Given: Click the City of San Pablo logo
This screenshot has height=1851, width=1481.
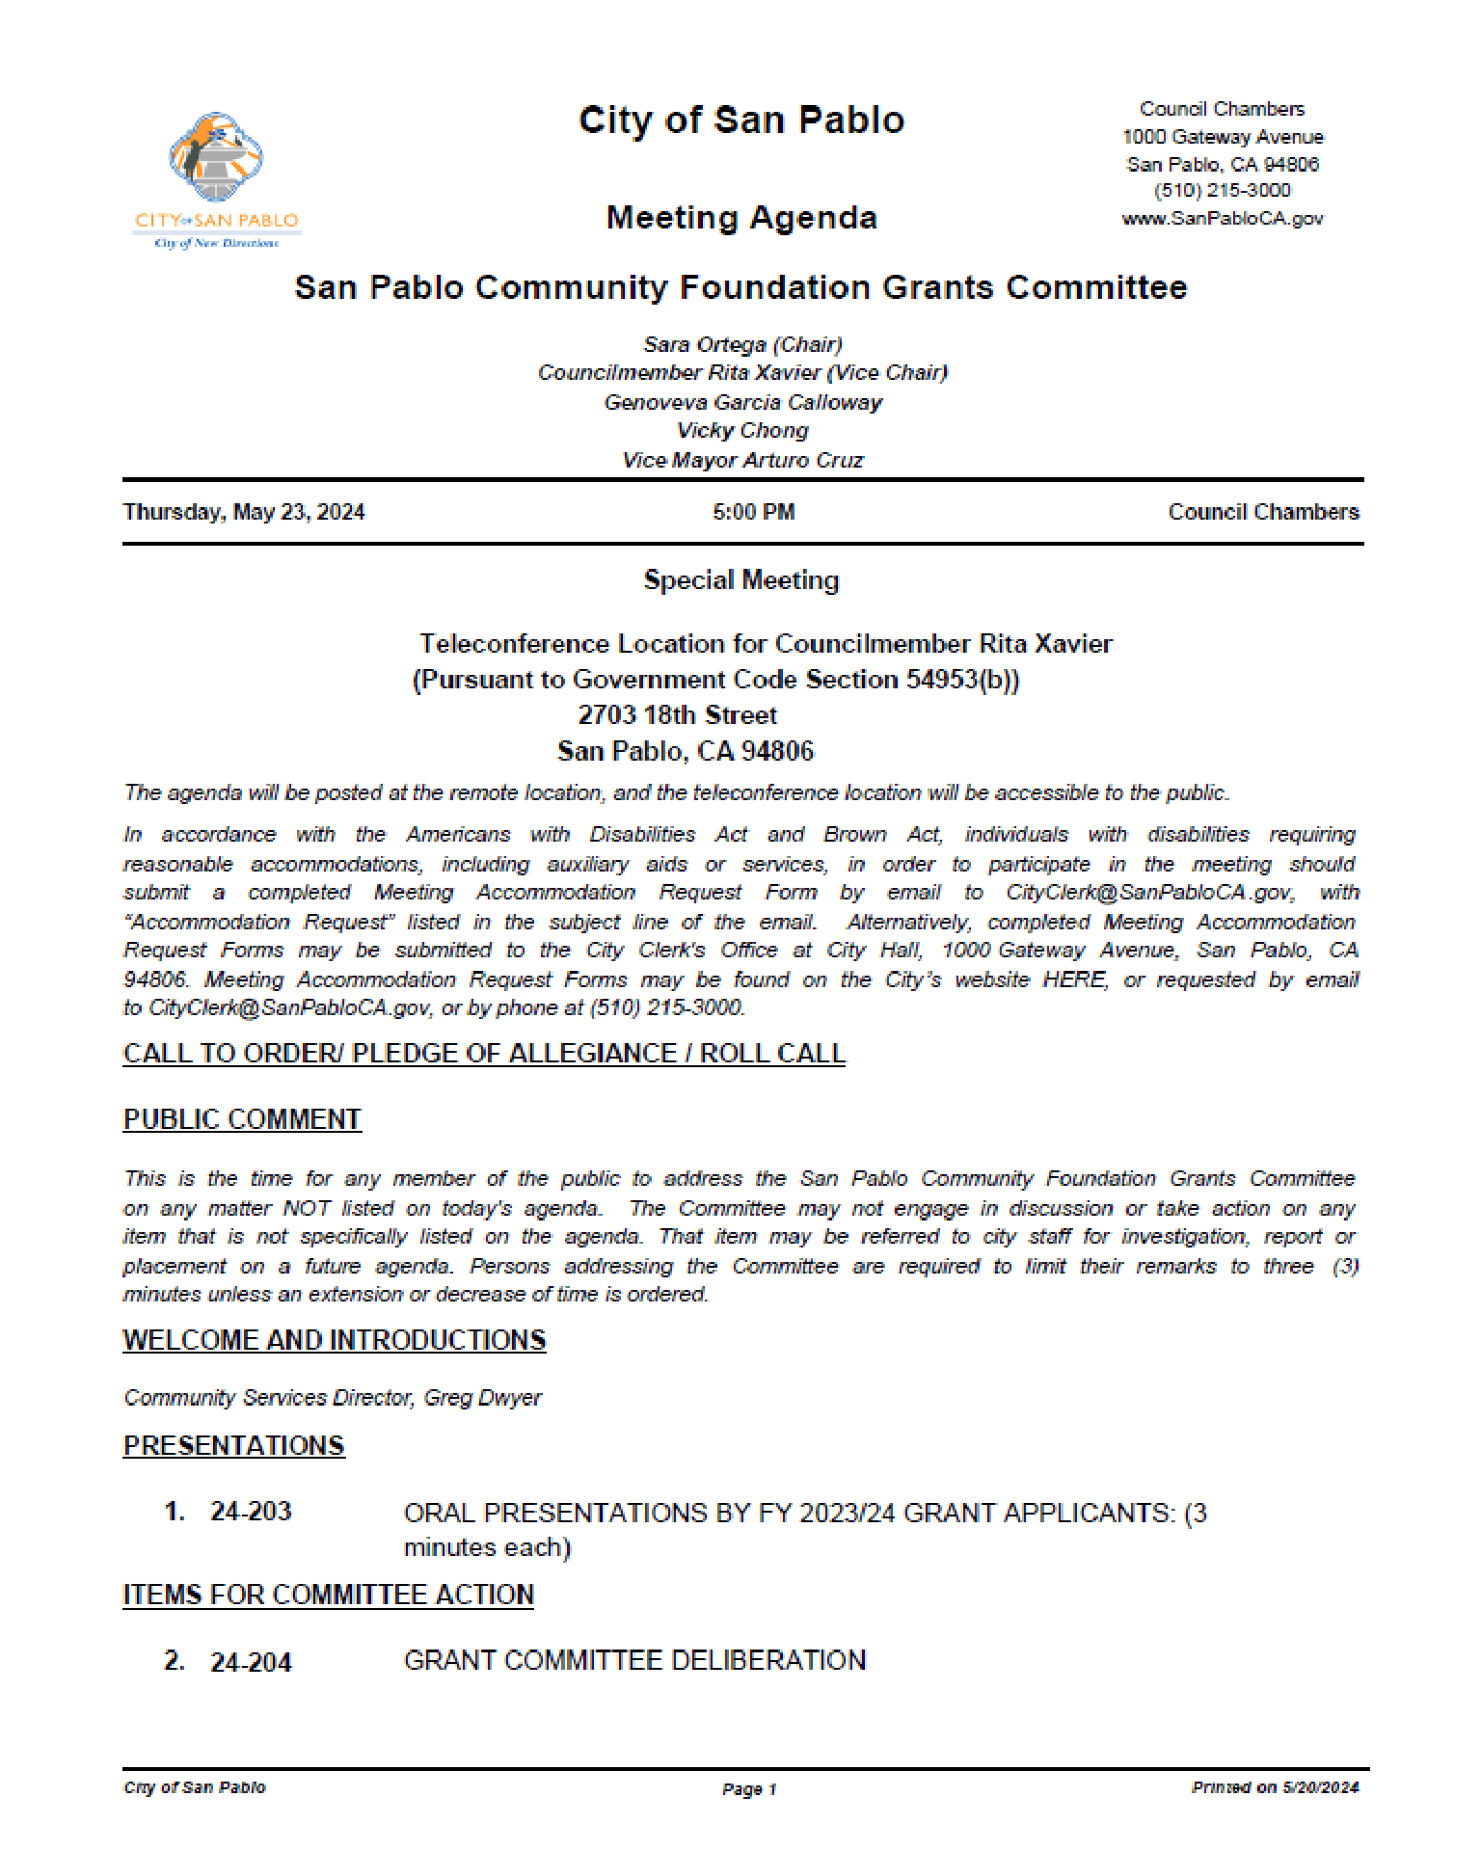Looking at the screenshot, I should click(x=216, y=179).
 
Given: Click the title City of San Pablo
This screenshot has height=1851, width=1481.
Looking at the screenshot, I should click(x=740, y=121).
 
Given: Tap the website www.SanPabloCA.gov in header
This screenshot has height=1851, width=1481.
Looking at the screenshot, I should click(x=1222, y=219).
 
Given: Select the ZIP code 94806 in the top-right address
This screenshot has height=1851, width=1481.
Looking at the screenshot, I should click(x=1290, y=164).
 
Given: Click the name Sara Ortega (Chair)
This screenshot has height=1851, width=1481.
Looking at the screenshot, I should click(x=742, y=344).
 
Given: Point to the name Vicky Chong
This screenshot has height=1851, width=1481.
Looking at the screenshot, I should click(x=742, y=430).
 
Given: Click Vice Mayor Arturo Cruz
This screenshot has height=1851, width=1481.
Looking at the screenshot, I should click(x=742, y=460).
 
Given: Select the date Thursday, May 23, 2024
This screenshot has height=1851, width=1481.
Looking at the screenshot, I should click(x=244, y=512).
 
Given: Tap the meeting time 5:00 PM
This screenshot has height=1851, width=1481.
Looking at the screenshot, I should click(x=753, y=512).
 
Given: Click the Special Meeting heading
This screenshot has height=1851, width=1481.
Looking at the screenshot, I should click(x=740, y=580).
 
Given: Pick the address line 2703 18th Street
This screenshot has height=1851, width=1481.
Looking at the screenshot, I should click(x=677, y=715).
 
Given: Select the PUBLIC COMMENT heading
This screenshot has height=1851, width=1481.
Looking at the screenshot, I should click(x=242, y=1119).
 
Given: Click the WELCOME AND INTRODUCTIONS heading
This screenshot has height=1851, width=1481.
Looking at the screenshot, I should click(x=334, y=1340).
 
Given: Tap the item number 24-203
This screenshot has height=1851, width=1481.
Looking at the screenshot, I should click(x=251, y=1512).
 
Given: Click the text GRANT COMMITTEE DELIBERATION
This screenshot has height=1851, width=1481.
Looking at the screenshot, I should click(x=634, y=1660).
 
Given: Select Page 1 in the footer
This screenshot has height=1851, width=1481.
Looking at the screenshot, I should click(x=749, y=1789).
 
